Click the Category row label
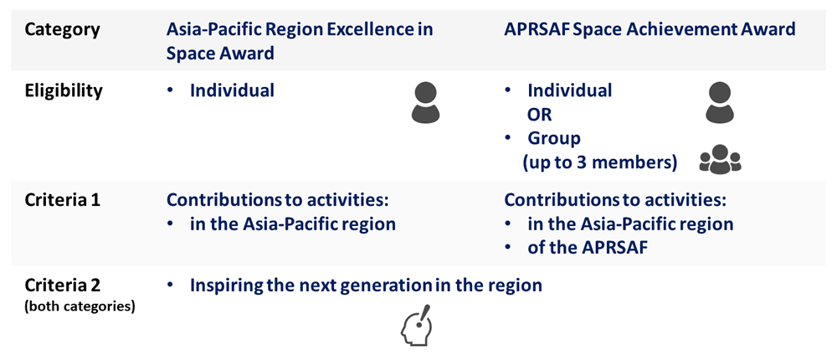point(62,29)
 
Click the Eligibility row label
point(64,90)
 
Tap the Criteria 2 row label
point(62,285)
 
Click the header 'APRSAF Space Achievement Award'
point(650,29)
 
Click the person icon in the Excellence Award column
point(425,103)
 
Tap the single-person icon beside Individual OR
point(720,102)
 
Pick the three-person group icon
point(720,158)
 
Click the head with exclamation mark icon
point(416,326)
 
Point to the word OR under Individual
point(539,115)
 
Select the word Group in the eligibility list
point(553,139)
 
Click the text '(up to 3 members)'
point(600,163)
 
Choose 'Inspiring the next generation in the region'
point(367,285)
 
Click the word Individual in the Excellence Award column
point(232,90)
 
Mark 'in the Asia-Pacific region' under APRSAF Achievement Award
point(630,224)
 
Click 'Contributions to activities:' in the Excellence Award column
point(276,201)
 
